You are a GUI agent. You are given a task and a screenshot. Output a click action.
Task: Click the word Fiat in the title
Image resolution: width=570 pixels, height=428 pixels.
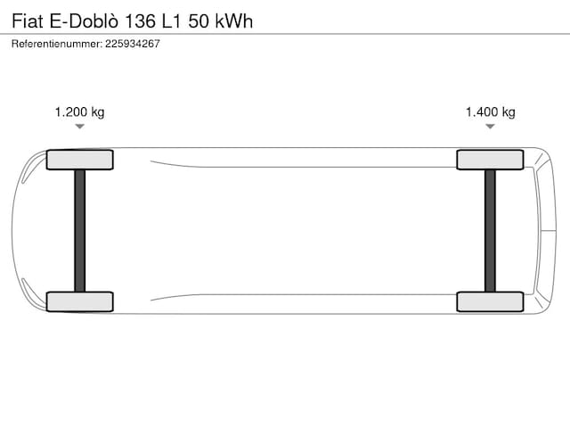click(28, 21)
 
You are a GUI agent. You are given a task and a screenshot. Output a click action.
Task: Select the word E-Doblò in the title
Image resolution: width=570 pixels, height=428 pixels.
click(84, 21)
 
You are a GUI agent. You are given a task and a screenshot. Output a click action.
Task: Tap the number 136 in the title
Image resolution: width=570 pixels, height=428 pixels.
click(141, 21)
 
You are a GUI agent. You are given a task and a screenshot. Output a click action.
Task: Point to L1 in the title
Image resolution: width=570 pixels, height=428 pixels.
click(171, 21)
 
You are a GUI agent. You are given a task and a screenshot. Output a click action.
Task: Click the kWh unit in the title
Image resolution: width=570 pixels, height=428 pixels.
click(234, 21)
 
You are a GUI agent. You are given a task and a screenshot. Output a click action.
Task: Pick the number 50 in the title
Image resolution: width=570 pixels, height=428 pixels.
click(199, 21)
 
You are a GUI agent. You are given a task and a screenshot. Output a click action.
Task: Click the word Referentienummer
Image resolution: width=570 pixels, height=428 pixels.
click(57, 44)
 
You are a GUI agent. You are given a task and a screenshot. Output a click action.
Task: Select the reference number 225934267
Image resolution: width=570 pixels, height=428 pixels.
click(133, 44)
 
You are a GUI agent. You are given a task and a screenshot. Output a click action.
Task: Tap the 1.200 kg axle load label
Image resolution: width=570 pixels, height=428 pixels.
click(79, 112)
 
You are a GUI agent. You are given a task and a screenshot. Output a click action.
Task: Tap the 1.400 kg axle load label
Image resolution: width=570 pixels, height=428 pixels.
click(491, 112)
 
